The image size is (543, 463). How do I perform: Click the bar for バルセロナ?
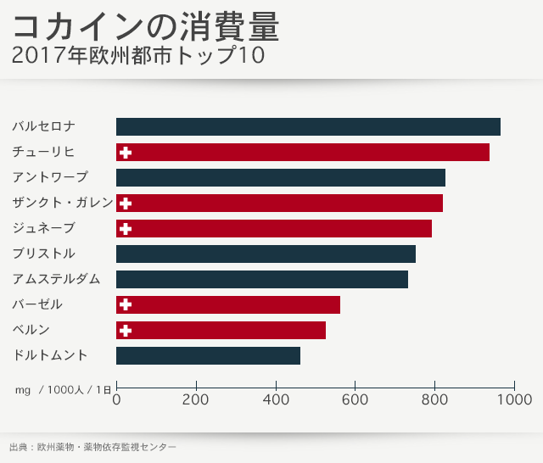click(x=308, y=127)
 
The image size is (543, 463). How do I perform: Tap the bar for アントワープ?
click(x=281, y=178)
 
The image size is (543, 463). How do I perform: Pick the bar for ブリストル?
click(x=266, y=254)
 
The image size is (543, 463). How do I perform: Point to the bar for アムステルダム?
click(x=262, y=280)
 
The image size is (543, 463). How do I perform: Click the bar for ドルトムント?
click(x=208, y=356)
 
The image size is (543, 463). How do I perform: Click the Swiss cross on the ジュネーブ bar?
click(x=126, y=229)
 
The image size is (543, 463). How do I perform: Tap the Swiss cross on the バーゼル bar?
click(x=126, y=305)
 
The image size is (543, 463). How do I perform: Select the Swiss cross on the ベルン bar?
click(x=126, y=331)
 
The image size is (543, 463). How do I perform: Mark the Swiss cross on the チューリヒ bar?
click(x=126, y=153)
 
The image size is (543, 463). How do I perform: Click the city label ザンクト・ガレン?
click(x=62, y=203)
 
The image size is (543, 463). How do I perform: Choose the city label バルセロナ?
click(x=44, y=126)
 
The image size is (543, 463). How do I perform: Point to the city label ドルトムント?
click(x=49, y=355)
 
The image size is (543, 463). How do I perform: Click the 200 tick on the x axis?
click(x=196, y=399)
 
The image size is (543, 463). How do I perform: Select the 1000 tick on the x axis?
click(x=514, y=399)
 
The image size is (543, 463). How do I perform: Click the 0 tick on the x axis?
click(x=116, y=399)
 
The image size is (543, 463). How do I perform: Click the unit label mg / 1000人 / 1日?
click(x=62, y=390)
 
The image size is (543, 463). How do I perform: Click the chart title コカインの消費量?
click(x=145, y=27)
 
